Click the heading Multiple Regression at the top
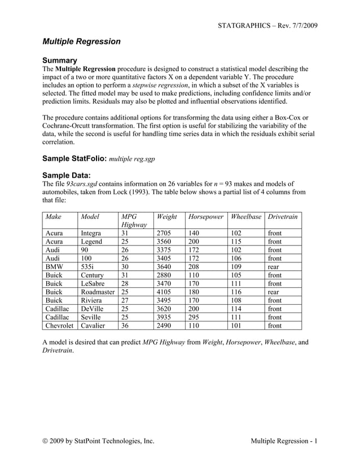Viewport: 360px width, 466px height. pos(82,41)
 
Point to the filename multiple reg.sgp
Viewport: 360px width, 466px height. pos(131,159)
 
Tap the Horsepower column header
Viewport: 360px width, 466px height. pos(206,217)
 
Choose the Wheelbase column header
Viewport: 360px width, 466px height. pos(245,217)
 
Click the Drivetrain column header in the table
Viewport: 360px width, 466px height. pos(284,217)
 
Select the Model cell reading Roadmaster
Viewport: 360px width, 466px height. pos(98,292)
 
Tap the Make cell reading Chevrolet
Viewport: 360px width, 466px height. pos(59,326)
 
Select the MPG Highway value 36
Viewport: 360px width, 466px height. pos(125,326)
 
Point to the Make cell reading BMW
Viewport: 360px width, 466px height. pos(54,266)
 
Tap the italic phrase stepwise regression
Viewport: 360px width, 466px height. pos(161,85)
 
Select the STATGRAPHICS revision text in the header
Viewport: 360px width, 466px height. pos(267,26)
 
